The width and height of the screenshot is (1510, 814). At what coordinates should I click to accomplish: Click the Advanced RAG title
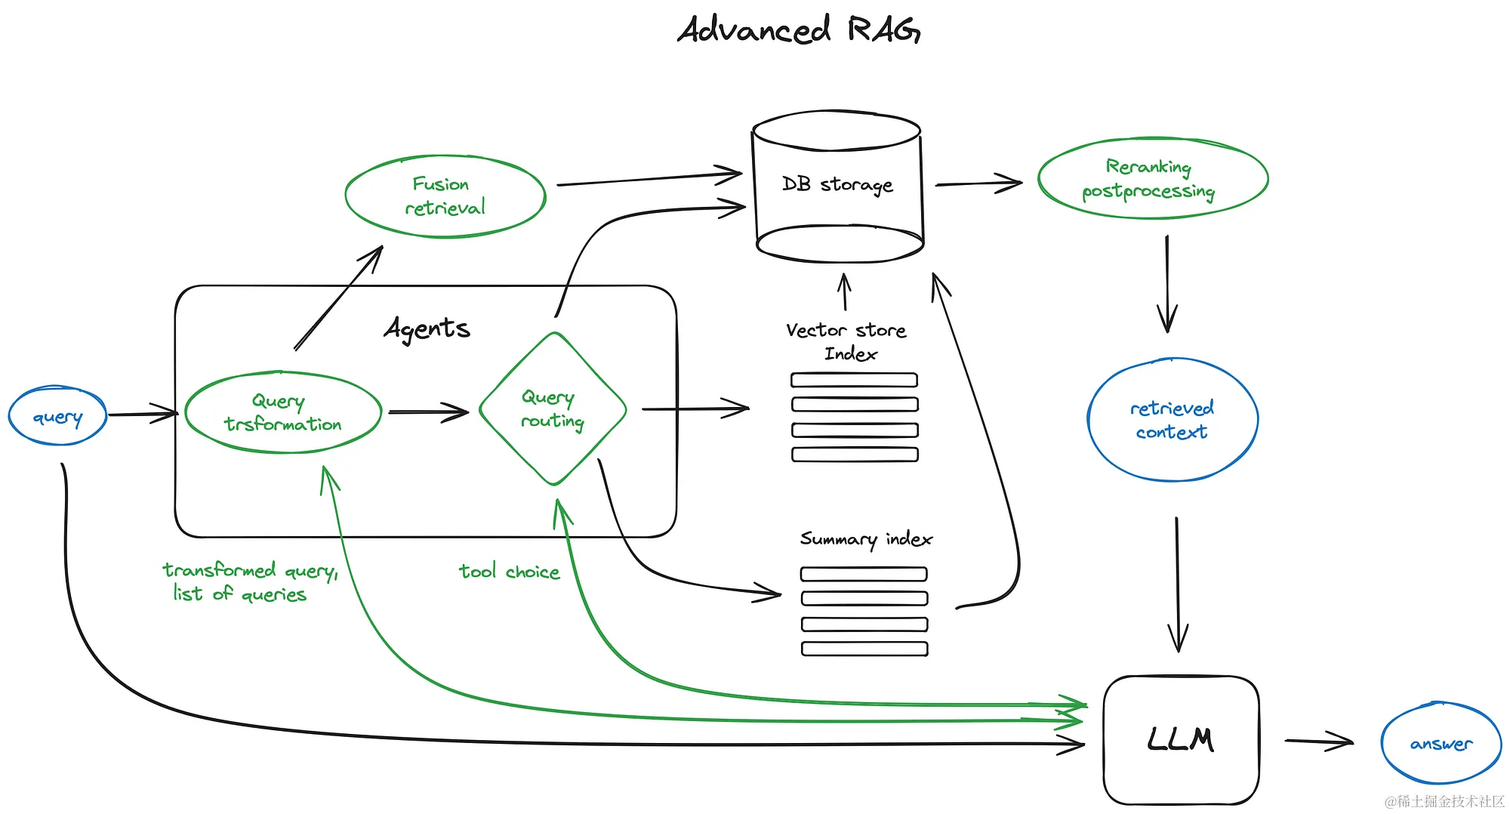(x=798, y=30)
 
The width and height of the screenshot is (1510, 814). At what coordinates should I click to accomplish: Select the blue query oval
(x=57, y=416)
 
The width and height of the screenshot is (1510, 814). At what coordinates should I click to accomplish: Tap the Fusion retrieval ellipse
(x=445, y=196)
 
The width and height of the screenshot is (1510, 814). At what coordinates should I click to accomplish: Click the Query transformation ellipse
(x=283, y=412)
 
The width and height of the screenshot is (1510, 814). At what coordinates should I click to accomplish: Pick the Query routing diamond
(x=553, y=409)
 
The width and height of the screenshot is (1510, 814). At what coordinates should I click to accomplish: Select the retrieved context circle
(x=1172, y=420)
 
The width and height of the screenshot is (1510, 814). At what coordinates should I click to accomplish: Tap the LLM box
(x=1181, y=740)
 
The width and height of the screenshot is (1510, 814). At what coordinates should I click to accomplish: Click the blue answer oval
(x=1441, y=744)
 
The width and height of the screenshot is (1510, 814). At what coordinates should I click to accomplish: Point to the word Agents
(x=427, y=328)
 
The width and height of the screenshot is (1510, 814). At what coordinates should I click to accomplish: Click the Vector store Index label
(x=847, y=341)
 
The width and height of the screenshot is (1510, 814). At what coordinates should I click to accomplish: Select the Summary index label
(x=866, y=538)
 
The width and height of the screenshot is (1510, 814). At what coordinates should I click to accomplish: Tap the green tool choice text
(x=510, y=572)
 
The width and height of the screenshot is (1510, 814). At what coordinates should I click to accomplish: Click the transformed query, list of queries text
(x=248, y=581)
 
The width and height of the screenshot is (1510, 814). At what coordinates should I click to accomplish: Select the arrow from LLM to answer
(x=1318, y=742)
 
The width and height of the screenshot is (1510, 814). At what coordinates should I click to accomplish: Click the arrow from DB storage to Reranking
(x=978, y=183)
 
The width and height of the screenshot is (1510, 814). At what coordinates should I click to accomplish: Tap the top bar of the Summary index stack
(x=864, y=574)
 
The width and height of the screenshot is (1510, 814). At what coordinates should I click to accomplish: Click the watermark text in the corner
(x=1444, y=801)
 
